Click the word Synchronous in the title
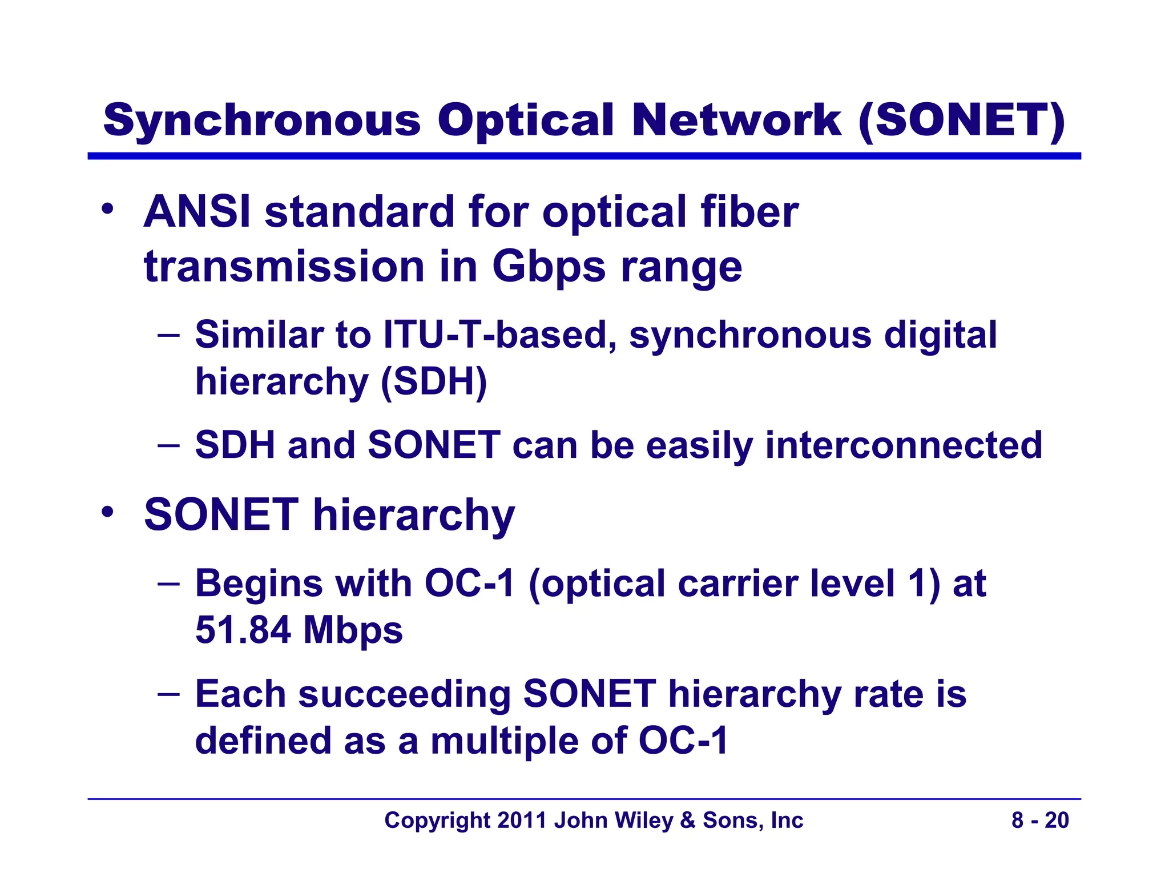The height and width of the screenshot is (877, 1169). [262, 121]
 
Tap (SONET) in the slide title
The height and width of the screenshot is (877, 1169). [962, 121]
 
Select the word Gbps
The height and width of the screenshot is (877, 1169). [549, 267]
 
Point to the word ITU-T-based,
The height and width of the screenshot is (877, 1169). [500, 335]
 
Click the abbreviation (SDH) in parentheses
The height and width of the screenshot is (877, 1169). [434, 381]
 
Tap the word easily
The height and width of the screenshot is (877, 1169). [699, 445]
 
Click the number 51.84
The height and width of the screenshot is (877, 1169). [243, 630]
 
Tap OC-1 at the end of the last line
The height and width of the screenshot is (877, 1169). [683, 741]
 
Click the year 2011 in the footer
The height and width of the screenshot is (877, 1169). [522, 820]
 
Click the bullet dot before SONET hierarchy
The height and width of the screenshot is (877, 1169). [107, 512]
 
